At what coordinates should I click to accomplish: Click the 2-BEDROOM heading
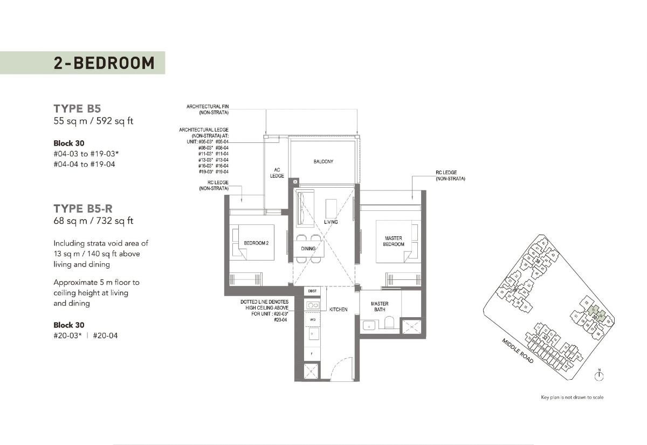(104, 63)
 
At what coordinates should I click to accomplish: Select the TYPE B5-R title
(83, 208)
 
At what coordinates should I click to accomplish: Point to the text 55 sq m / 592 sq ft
(93, 121)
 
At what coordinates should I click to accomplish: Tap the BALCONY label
(323, 161)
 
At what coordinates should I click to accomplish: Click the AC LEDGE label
(277, 173)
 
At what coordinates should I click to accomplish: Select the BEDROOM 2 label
(256, 243)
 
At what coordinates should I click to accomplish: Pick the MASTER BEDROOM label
(394, 241)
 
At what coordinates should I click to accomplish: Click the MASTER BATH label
(380, 306)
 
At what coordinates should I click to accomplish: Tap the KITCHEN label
(339, 310)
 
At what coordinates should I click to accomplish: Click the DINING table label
(308, 249)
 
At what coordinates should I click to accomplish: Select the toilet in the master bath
(388, 324)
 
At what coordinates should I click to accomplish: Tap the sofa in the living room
(301, 208)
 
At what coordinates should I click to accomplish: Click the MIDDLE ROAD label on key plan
(518, 351)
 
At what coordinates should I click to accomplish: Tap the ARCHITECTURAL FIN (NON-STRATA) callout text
(208, 109)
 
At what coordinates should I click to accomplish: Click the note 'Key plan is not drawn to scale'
(572, 398)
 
